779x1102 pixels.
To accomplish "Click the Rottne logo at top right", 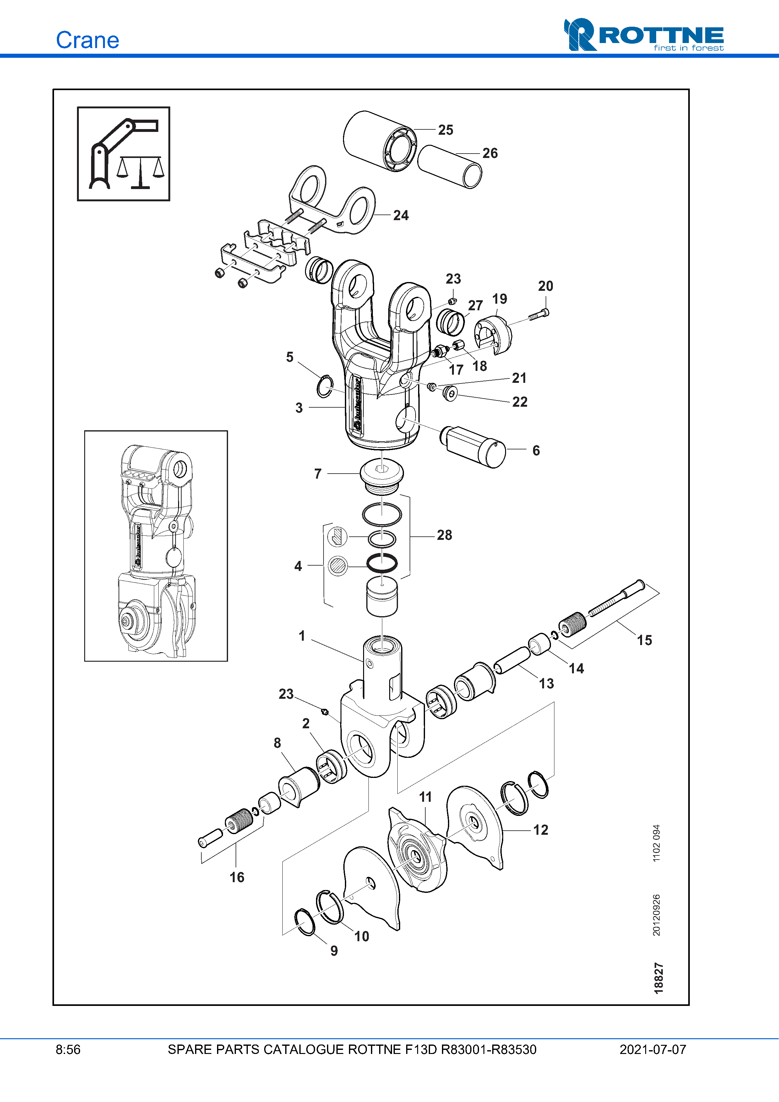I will tap(643, 35).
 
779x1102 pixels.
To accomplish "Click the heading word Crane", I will tap(87, 40).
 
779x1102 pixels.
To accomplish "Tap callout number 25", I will tap(445, 130).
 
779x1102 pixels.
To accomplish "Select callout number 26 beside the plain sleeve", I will tap(490, 153).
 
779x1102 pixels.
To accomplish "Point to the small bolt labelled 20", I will tap(539, 315).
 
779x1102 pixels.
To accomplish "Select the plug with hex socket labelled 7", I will tap(382, 473).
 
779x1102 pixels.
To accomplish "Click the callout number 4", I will tap(298, 566).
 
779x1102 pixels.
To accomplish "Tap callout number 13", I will tap(546, 683).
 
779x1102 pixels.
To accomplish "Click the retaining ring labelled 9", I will tap(304, 922).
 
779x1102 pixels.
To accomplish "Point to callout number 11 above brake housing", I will tap(425, 797).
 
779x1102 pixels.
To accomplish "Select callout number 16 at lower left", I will tap(237, 877).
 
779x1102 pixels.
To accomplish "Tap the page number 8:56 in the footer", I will tap(68, 1050).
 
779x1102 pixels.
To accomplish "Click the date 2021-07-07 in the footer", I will tap(652, 1050).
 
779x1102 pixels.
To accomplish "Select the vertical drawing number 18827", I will tap(658, 978).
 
